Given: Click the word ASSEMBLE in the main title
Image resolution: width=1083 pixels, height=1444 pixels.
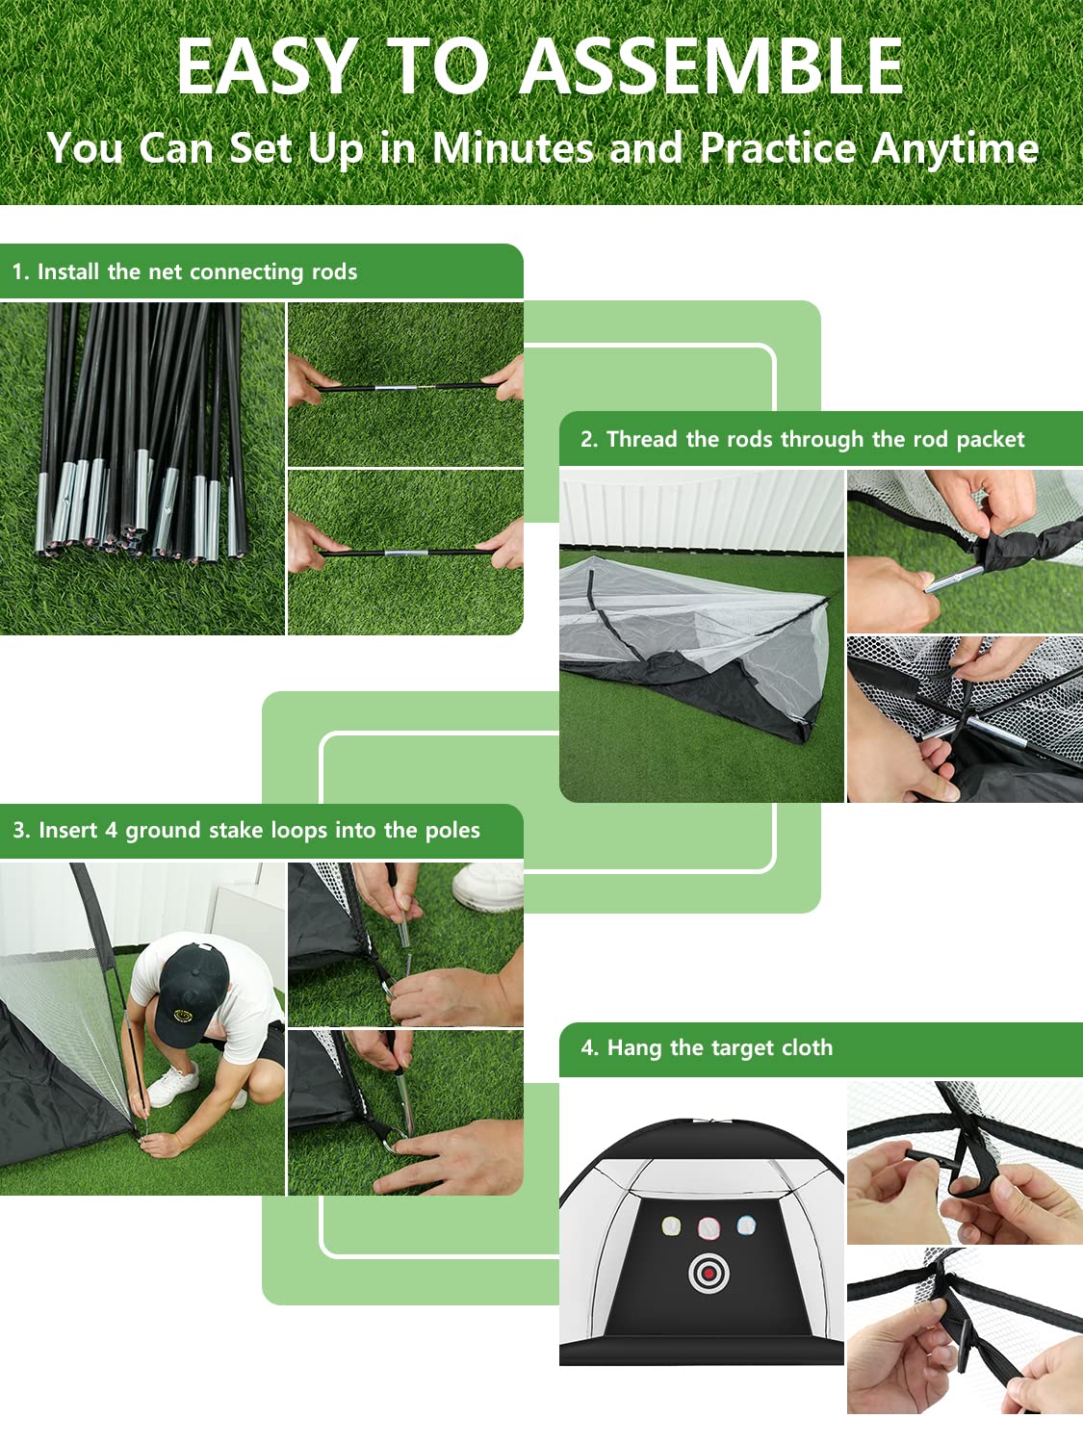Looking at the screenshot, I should click(x=712, y=66).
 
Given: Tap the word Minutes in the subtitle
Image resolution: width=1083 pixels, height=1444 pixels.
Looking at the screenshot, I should click(x=512, y=148).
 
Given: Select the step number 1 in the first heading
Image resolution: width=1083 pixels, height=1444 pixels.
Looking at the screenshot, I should click(x=17, y=272).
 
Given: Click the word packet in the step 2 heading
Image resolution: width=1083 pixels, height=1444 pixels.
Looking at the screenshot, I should click(x=991, y=440).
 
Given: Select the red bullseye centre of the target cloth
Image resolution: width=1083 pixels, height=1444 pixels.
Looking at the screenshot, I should click(x=709, y=1274).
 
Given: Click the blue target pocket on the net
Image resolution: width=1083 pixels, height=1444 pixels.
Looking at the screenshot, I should click(x=746, y=1225).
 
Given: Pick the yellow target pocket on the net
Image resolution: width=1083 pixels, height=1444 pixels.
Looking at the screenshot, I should click(x=671, y=1226).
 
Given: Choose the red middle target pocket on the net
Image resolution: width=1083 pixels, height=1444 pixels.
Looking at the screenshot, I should click(x=709, y=1227).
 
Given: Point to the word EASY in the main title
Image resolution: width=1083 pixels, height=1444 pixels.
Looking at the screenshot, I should click(x=267, y=66).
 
